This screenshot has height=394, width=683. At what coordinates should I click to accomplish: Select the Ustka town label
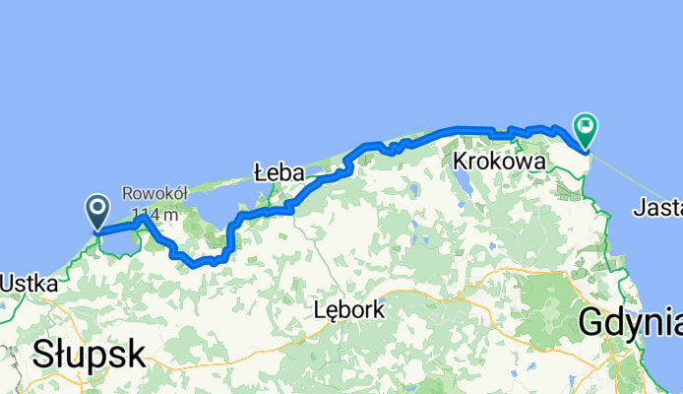click(x=27, y=284)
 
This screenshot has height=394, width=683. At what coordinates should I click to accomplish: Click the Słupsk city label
click(x=89, y=355)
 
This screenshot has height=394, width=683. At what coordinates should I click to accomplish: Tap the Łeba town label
click(x=278, y=172)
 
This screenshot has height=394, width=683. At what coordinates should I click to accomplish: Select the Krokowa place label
click(x=499, y=160)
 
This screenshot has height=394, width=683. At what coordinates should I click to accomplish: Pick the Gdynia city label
click(x=629, y=321)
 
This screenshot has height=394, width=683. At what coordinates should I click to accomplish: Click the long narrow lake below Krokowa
click(x=460, y=182)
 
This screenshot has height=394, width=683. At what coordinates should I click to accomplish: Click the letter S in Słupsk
click(x=42, y=355)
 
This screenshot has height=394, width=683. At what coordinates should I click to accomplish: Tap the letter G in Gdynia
click(x=592, y=321)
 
